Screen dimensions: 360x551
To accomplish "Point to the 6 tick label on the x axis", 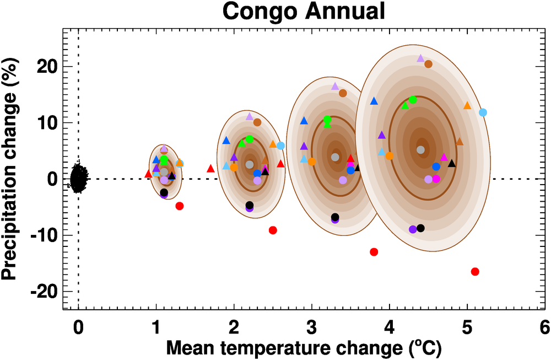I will coord(545,327).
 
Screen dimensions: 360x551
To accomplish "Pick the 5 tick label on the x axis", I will coord(467,327).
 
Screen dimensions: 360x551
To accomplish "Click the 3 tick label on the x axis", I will coord(311,327).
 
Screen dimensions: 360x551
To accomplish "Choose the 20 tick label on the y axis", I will coord(46,66).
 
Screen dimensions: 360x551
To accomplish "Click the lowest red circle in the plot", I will coord(475,271).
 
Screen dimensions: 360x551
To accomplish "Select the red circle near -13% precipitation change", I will coord(374,252).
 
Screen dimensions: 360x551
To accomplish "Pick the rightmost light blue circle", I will coord(483,112).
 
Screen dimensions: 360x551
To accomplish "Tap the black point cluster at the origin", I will coord(79,178).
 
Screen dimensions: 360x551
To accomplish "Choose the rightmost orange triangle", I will coord(467,105).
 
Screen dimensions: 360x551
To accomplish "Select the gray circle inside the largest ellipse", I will coord(421,149).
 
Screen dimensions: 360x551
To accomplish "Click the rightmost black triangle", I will coord(452,163).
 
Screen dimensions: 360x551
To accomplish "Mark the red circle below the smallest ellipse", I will coord(179,206).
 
